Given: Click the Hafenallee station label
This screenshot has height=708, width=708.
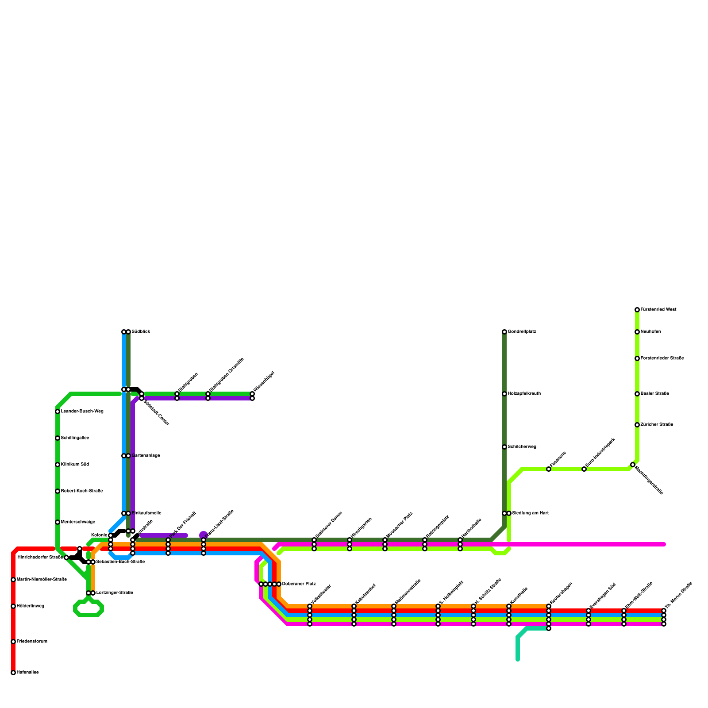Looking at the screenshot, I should [x=27, y=673].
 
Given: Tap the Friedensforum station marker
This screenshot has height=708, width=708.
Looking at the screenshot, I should [x=13, y=642].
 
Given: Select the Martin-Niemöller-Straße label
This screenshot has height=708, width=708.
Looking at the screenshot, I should [x=42, y=580].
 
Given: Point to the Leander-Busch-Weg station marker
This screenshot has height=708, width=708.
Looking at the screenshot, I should [x=58, y=412].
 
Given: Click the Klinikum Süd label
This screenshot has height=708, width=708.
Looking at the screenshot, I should [x=75, y=465].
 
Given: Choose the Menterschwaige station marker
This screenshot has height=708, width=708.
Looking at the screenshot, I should [x=58, y=522].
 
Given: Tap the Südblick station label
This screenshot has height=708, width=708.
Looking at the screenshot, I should [x=141, y=332].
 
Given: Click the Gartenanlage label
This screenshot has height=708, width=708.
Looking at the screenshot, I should [x=146, y=456].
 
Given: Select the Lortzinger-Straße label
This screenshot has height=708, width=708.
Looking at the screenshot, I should [x=115, y=593].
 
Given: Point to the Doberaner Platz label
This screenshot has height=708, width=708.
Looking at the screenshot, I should [x=299, y=584].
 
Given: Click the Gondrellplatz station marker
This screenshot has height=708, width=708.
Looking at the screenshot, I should [x=504, y=332].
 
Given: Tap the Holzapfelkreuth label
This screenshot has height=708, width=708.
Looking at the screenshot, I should [x=524, y=394].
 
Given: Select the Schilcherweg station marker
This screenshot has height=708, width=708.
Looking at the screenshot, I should [x=504, y=447].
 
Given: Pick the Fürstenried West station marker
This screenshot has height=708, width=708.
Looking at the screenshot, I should [x=637, y=310].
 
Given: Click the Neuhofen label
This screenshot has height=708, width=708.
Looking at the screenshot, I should [x=651, y=332].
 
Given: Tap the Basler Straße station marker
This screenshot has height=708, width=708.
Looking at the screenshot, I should [x=637, y=394].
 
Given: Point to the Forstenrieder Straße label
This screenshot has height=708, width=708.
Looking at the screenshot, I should [x=662, y=358].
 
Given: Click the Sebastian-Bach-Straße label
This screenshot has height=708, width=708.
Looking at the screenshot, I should [x=120, y=562].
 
